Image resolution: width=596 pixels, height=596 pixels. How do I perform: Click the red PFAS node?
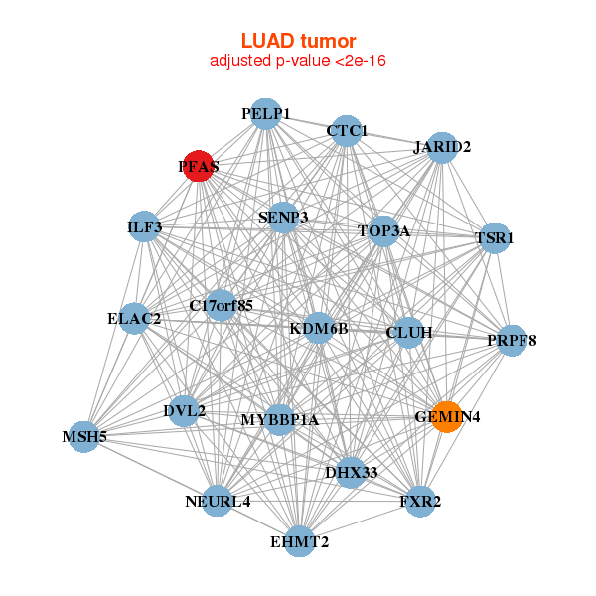199,167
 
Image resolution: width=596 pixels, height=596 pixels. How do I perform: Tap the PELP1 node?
264,114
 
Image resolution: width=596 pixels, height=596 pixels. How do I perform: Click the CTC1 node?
346,131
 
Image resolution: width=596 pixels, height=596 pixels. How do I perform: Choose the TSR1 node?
494,238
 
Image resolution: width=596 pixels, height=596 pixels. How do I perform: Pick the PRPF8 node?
512,341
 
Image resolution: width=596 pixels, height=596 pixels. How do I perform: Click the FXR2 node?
420,500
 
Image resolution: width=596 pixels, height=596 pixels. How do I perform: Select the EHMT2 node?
299,541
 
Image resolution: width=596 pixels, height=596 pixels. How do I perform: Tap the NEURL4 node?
219,501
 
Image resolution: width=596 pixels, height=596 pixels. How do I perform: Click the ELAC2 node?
135,319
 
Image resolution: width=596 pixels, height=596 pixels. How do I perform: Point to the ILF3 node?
145,227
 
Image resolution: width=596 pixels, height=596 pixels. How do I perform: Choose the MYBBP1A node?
280,419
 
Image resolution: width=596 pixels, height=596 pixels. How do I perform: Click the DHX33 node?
350,472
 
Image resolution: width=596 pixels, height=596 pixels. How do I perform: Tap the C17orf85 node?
221,305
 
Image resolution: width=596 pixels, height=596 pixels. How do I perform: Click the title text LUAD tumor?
298,41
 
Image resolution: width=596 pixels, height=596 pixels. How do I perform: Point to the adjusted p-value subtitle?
298,61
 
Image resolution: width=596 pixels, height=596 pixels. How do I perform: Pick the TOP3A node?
383,231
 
